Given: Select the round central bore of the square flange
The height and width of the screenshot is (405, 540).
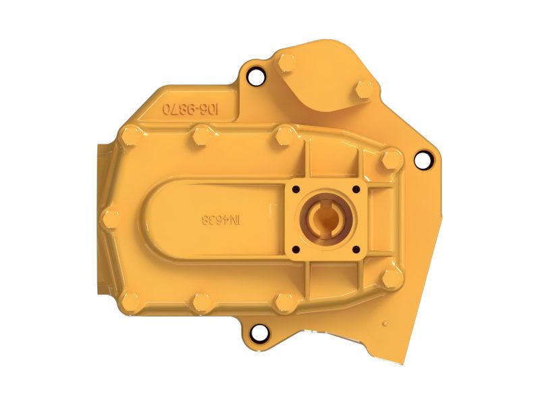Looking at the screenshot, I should [x=326, y=219].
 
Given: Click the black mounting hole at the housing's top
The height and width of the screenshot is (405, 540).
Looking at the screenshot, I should [x=255, y=77].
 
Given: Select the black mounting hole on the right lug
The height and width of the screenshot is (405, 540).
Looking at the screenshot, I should [x=422, y=161].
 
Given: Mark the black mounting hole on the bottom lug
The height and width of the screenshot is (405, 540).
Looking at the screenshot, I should [x=257, y=332].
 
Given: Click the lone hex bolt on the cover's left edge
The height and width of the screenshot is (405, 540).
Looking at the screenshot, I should [x=111, y=218].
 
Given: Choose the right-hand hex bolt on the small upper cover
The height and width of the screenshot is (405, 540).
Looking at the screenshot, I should [x=364, y=88].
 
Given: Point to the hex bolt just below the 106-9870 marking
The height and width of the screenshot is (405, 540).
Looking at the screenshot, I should [x=200, y=138].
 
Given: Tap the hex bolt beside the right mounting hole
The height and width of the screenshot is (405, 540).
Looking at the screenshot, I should [x=391, y=159].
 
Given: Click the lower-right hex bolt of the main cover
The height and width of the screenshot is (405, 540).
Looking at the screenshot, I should [x=391, y=277].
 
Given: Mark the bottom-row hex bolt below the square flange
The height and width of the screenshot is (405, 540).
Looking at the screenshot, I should [x=284, y=302].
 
